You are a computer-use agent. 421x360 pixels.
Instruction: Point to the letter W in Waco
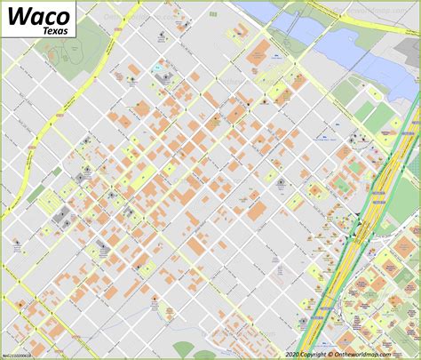pyautogui.click(x=14, y=17)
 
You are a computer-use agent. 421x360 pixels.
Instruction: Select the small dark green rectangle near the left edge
pyautogui.click(x=36, y=194)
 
